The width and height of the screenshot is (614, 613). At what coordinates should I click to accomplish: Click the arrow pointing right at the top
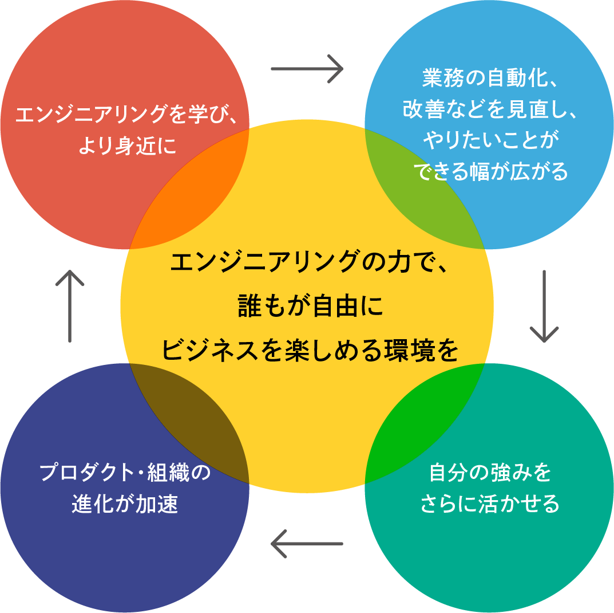[x=307, y=69]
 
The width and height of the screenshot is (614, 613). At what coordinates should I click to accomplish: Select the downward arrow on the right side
[x=544, y=306]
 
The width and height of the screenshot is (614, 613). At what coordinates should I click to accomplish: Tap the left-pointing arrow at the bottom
[x=307, y=543]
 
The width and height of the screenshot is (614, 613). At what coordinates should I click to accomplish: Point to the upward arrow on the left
[x=70, y=306]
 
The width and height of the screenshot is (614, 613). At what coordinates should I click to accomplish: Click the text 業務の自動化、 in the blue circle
[x=489, y=78]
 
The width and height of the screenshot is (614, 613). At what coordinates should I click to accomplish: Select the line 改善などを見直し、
[x=489, y=109]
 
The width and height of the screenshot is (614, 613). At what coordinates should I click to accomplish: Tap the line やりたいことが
[x=489, y=140]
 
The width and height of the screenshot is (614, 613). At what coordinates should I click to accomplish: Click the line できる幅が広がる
[x=489, y=171]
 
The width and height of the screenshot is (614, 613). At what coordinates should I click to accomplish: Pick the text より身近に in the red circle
[x=125, y=146]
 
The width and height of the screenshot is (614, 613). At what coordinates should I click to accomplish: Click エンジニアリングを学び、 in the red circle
[x=125, y=115]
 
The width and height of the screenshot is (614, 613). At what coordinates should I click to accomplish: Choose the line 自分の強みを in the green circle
[x=489, y=473]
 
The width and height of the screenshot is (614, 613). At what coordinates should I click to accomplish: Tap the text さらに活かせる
[x=489, y=504]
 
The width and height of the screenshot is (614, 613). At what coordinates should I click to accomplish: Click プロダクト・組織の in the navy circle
[x=125, y=473]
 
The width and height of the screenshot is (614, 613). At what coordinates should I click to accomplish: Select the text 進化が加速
[x=125, y=504]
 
